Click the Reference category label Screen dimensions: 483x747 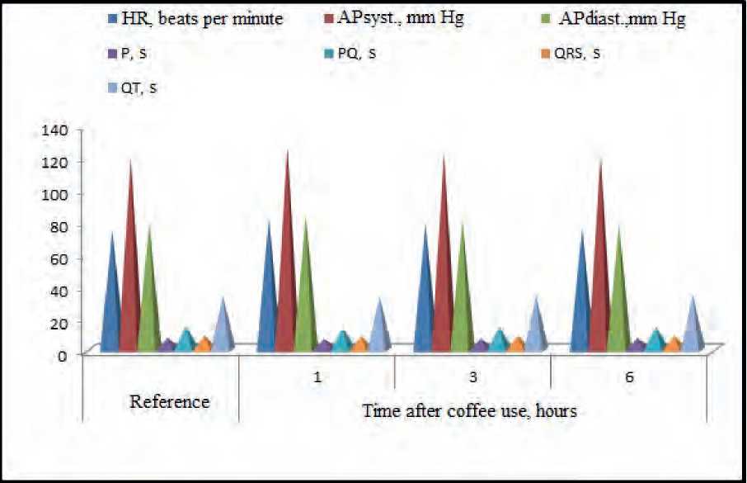tap(170, 403)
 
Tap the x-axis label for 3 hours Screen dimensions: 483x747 tap(473, 379)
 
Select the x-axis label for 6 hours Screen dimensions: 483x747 tap(628, 379)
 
